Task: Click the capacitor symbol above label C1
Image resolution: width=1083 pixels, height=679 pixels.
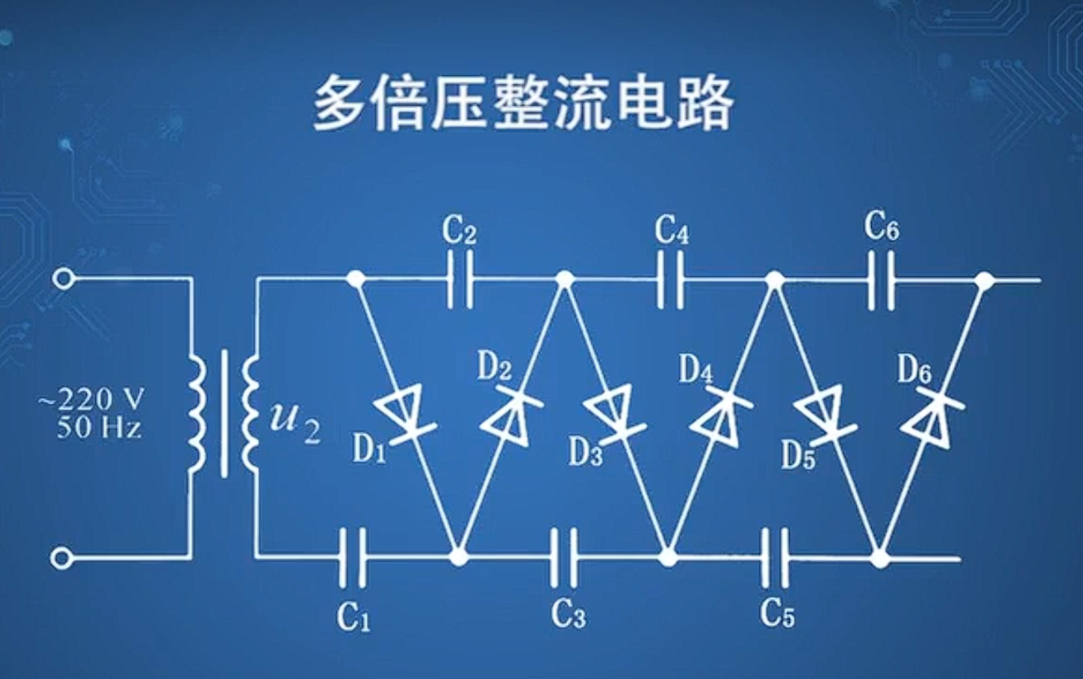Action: point(353,557)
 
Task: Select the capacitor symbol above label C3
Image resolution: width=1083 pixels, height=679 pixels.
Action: point(565,557)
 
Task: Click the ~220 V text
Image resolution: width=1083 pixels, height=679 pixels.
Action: point(90,401)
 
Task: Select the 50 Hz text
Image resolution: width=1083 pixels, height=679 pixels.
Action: point(99,428)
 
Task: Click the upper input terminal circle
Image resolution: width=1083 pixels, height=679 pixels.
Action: point(62,278)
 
